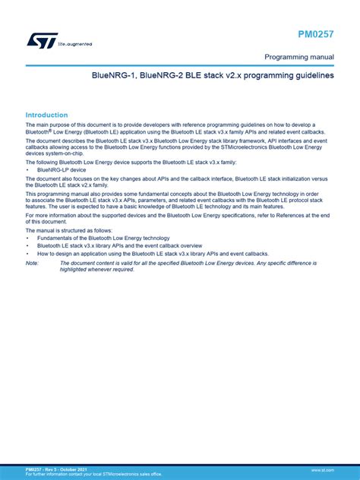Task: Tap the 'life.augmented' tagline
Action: (75, 44)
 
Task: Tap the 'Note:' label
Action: (32, 263)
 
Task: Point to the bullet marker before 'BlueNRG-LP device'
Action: (28, 171)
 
